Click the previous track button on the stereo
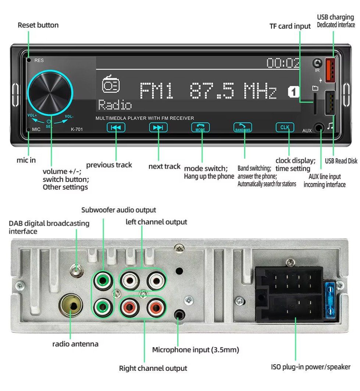[x=116, y=128]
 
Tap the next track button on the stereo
[x=158, y=128]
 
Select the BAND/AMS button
[x=243, y=128]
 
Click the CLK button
[x=285, y=128]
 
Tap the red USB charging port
[x=330, y=70]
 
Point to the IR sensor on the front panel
[x=317, y=63]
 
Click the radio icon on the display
[x=110, y=85]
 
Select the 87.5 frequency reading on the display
[x=212, y=91]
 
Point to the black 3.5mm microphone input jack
[x=179, y=315]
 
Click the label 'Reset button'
[x=38, y=25]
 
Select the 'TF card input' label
[x=290, y=26]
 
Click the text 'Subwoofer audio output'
[x=119, y=210]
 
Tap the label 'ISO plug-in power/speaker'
[x=311, y=367]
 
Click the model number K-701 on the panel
[x=77, y=129]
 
